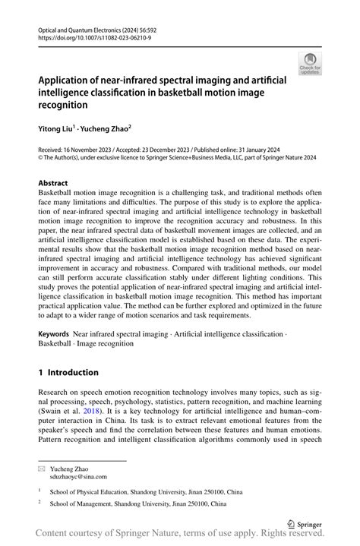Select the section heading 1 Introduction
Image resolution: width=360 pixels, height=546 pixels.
pyautogui.click(x=68, y=373)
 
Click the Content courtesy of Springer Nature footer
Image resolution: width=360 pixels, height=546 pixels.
pyautogui.click(x=180, y=536)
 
